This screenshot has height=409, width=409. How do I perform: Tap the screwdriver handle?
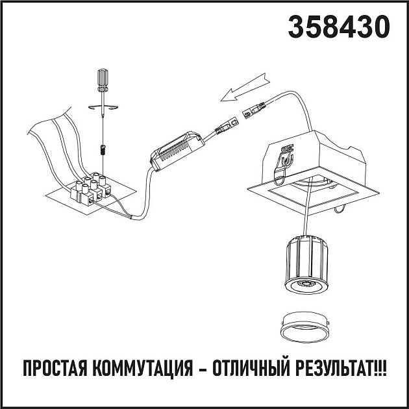coord(103,79)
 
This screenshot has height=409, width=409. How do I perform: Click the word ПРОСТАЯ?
coord(55,369)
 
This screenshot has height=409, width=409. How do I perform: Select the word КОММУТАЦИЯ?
coord(147,369)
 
